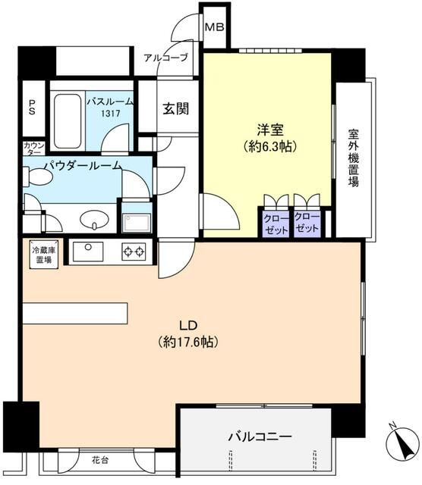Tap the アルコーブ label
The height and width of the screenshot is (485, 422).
165,58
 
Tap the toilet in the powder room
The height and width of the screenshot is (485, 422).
39,177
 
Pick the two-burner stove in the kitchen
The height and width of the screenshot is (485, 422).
134,250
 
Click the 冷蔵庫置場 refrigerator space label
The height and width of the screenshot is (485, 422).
42,254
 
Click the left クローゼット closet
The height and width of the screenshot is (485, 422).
276,224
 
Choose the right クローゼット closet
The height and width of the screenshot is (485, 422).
307,224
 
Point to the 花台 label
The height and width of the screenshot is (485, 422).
100,459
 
